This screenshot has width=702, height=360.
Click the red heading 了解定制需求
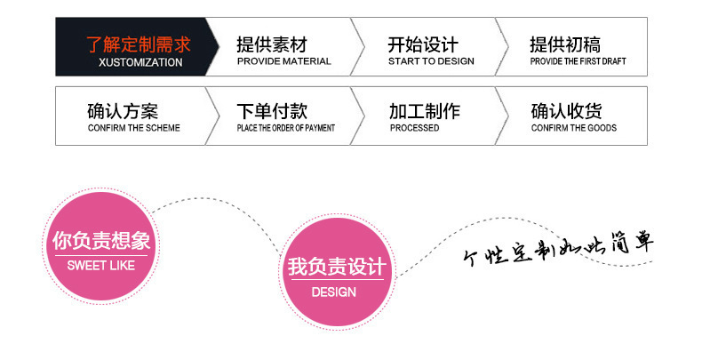(138, 44)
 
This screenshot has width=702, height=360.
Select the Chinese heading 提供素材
(272, 44)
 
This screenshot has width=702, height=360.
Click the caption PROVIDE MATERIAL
(283, 62)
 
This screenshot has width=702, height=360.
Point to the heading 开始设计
(423, 44)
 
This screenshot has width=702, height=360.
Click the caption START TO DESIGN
(431, 62)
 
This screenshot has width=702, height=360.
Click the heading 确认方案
(123, 111)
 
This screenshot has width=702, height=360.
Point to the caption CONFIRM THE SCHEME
(133, 128)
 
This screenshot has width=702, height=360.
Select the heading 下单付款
(272, 111)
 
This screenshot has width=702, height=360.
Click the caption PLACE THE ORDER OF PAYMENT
(285, 128)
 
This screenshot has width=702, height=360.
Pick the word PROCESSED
(414, 128)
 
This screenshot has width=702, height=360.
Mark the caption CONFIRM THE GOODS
(573, 128)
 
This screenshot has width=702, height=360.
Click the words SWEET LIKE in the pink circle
(100, 266)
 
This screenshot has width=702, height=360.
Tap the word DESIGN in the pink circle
(333, 292)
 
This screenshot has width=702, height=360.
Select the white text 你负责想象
(100, 241)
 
